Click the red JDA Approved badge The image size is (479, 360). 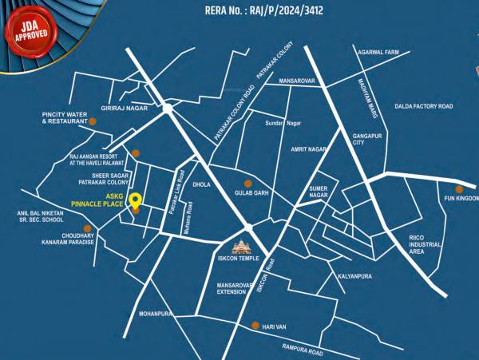29,24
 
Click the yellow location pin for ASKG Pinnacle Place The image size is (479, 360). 136,201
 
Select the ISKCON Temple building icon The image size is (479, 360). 239,247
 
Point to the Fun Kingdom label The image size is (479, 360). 461,198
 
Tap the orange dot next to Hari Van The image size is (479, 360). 255,325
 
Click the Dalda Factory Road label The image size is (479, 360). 423,106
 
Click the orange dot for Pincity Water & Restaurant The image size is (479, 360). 93,121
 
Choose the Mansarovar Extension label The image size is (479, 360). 234,288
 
